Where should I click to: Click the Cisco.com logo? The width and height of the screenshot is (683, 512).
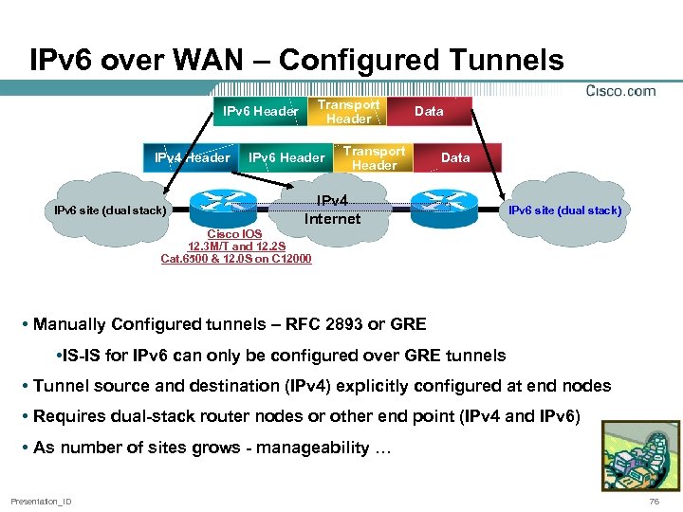[620, 91]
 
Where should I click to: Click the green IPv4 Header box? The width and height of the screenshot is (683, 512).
[193, 158]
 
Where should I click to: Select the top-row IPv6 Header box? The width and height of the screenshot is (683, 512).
[260, 112]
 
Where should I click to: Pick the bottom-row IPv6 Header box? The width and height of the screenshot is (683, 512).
[286, 158]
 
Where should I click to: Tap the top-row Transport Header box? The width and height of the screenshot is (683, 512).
[348, 112]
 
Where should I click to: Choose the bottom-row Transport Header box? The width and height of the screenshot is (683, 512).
[374, 158]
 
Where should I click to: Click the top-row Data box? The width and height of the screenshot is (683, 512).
[429, 112]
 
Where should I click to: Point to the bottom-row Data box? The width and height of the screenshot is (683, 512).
[455, 158]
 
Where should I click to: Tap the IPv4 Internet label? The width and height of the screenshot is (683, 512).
[332, 210]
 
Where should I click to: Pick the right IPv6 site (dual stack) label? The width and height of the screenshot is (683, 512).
[565, 210]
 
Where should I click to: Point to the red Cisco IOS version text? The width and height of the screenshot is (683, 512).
[236, 246]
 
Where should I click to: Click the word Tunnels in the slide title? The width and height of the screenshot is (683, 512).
[496, 61]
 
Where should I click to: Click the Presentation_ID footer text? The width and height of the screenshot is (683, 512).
[41, 501]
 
